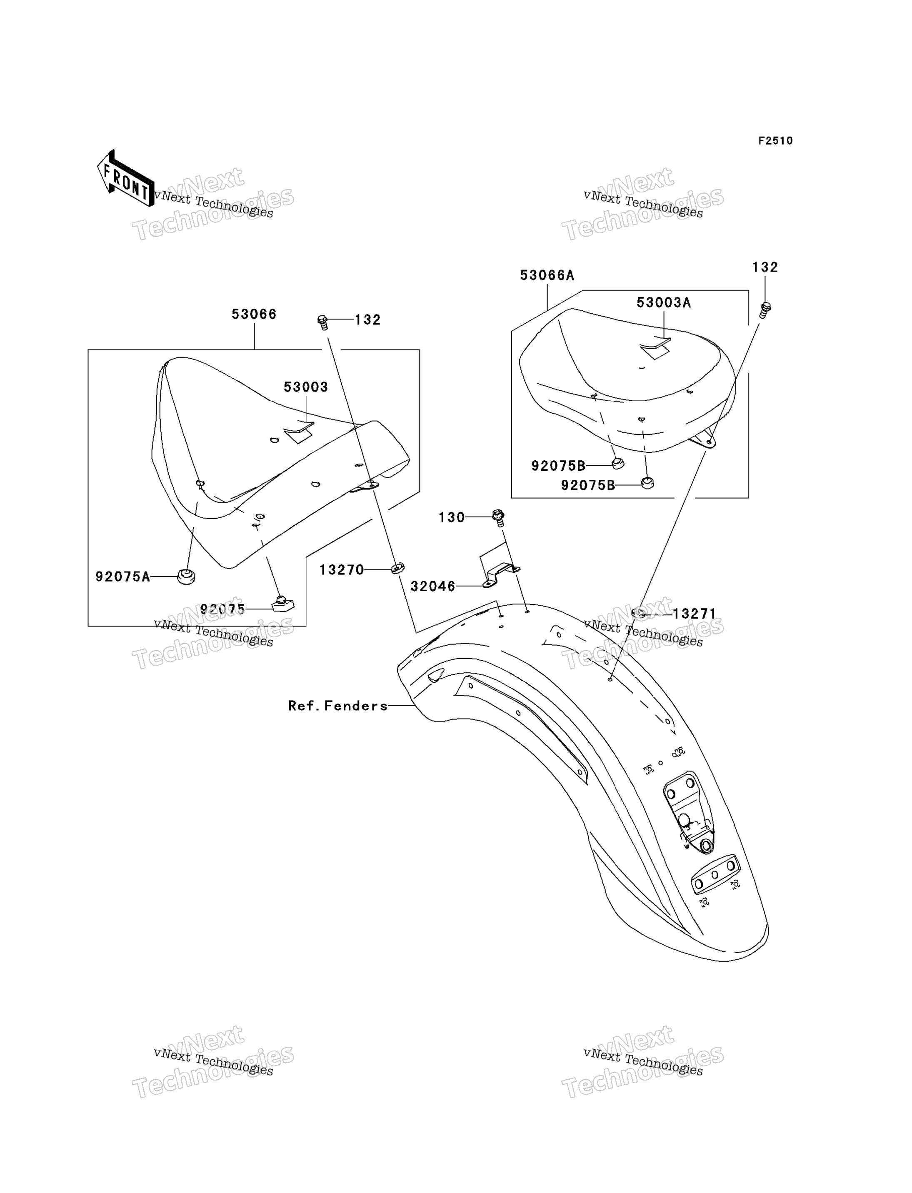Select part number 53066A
point(547,275)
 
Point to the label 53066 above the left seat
point(254,314)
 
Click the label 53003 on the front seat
point(306,387)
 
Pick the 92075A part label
point(122,577)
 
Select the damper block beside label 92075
point(282,604)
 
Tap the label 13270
point(342,570)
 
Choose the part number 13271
point(695,614)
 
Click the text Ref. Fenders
point(337,706)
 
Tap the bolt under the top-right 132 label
point(765,310)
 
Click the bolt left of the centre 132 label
point(323,322)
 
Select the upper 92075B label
point(558,466)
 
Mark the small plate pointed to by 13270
point(397,568)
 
